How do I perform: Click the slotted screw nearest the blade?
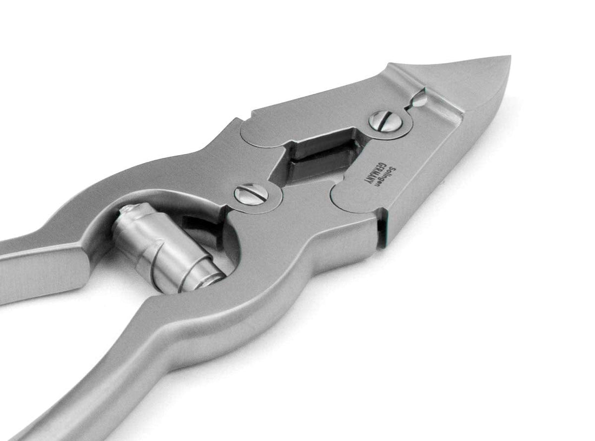[x=382, y=122]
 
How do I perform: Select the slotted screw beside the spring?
[x=249, y=193]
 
